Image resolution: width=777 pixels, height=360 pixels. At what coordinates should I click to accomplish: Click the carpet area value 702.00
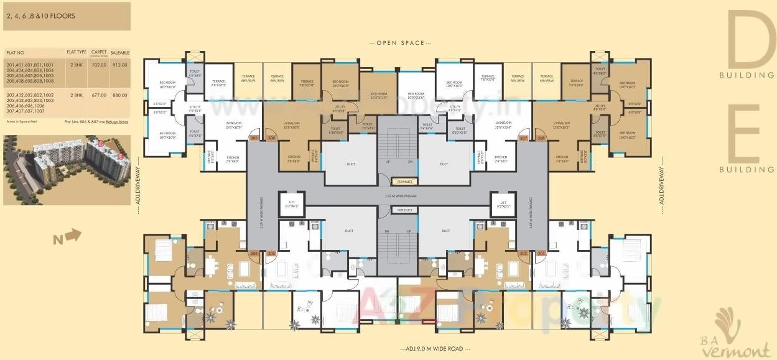[99, 65]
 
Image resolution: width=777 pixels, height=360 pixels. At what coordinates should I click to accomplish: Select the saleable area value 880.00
[119, 95]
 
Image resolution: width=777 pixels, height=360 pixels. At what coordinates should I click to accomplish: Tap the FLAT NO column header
[14, 53]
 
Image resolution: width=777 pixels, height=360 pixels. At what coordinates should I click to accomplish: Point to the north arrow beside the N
[73, 234]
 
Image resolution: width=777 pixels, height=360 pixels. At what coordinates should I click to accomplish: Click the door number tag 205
[253, 137]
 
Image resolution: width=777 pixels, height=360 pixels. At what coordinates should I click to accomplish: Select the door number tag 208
[541, 137]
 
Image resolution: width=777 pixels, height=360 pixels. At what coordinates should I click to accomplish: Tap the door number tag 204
[253, 254]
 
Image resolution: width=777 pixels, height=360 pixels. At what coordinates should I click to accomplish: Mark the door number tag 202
[523, 254]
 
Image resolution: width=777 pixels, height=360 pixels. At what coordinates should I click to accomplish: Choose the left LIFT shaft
[291, 203]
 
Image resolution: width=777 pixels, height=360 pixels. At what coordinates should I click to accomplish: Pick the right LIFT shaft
[503, 203]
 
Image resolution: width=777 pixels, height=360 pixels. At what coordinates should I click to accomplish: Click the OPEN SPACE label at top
[396, 43]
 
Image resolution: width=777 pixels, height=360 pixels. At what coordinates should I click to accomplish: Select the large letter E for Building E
[750, 133]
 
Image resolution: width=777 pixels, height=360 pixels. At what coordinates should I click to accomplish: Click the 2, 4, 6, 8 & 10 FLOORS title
[40, 16]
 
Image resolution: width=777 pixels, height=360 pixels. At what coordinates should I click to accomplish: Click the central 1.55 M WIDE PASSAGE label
[397, 195]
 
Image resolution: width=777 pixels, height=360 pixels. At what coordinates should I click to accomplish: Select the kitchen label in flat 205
[233, 157]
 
